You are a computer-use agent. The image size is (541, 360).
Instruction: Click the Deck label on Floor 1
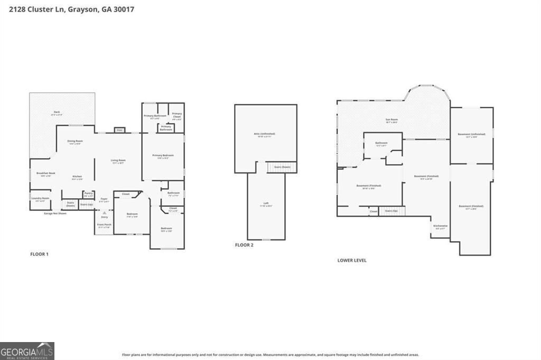pyautogui.click(x=57, y=112)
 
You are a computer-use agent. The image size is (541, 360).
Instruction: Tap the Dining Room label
pyautogui.click(x=74, y=142)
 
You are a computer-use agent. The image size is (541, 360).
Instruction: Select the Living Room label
pyautogui.click(x=117, y=161)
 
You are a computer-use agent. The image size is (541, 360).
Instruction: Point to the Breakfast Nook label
pyautogui.click(x=43, y=174)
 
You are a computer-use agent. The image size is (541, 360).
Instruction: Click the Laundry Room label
pyautogui.click(x=40, y=198)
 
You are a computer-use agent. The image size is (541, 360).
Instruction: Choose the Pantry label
pyautogui.click(x=88, y=194)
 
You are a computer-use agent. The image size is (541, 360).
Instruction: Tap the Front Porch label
pyautogui.click(x=104, y=225)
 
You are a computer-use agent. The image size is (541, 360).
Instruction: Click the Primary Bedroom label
pyautogui.click(x=163, y=156)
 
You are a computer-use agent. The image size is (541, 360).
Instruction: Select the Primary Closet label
pyautogui.click(x=176, y=115)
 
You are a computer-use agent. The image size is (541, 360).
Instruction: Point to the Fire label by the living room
pyautogui.click(x=119, y=130)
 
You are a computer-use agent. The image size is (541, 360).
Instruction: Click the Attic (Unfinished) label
pyautogui.click(x=265, y=135)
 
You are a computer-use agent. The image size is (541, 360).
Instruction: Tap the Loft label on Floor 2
pyautogui.click(x=266, y=204)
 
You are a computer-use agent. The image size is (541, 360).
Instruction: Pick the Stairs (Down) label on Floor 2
pyautogui.click(x=282, y=167)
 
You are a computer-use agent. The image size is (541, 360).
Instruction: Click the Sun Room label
pyautogui.click(x=391, y=120)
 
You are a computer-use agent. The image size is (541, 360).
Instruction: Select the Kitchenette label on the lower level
pyautogui.click(x=441, y=226)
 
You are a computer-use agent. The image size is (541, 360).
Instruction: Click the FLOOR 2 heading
pyautogui.click(x=244, y=245)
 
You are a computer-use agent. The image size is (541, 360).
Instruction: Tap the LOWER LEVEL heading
pyautogui.click(x=351, y=260)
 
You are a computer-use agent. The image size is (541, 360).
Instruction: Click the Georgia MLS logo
pyautogui.click(x=27, y=351)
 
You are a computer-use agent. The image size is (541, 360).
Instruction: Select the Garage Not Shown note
pyautogui.click(x=55, y=213)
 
